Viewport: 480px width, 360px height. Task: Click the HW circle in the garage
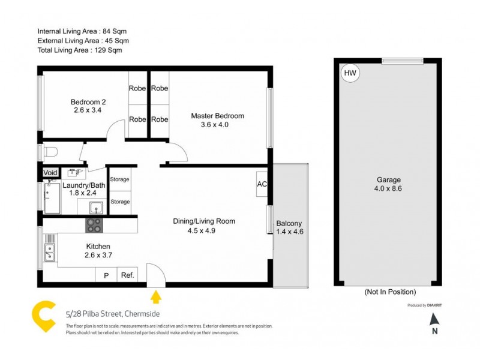(x=350, y=73)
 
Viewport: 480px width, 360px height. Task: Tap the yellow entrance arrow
(x=156, y=296)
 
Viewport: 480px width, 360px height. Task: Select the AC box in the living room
(x=262, y=184)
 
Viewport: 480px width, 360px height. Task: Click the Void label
(x=51, y=173)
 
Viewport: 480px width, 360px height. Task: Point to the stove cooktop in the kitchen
(x=94, y=225)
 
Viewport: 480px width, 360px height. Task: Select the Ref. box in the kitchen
(x=127, y=275)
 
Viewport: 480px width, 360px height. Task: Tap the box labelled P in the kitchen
(x=106, y=275)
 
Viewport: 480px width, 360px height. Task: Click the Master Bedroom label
(x=217, y=116)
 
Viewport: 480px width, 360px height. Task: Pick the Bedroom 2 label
(x=88, y=101)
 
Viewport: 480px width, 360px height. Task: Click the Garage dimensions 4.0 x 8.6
(x=388, y=188)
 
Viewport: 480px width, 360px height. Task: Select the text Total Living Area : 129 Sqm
(x=79, y=50)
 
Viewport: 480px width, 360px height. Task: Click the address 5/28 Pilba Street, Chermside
(x=112, y=313)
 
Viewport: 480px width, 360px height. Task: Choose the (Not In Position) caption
(x=389, y=292)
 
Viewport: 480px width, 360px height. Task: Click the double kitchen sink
(x=49, y=253)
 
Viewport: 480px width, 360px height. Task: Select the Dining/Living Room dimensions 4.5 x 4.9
(x=203, y=230)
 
